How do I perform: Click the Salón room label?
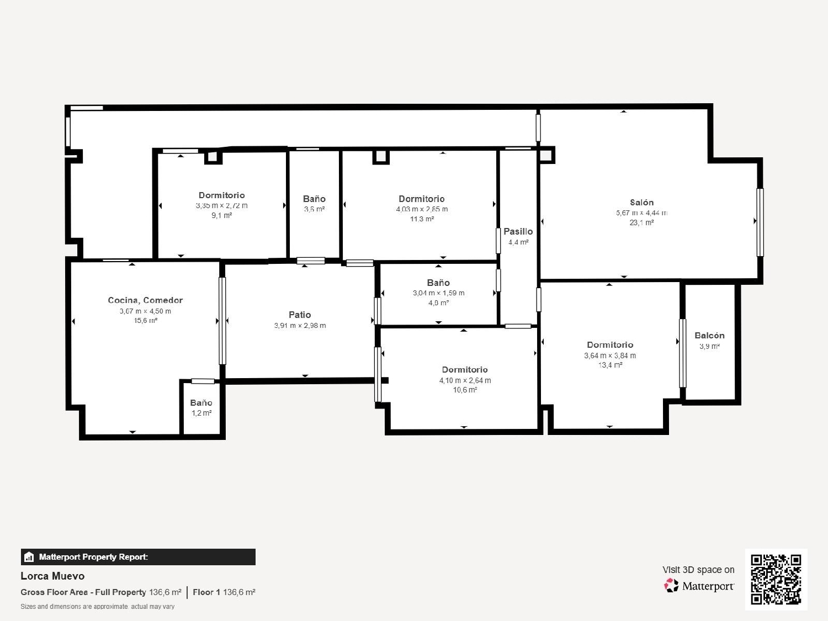click(641, 203)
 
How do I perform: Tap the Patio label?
click(300, 315)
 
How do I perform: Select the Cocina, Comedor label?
click(145, 300)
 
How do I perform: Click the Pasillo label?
click(518, 232)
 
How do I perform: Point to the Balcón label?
click(709, 336)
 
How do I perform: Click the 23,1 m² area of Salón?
click(641, 223)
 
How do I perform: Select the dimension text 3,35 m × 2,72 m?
click(221, 206)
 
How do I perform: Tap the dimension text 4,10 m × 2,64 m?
click(465, 380)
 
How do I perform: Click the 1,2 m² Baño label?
click(201, 413)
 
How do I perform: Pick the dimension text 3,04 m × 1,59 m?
click(438, 293)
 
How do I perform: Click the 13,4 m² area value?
click(610, 365)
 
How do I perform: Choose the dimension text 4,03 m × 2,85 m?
click(422, 209)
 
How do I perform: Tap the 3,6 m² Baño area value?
click(314, 209)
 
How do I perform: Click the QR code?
click(776, 579)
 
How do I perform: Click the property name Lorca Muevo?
click(52, 576)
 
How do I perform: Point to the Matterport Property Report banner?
click(138, 557)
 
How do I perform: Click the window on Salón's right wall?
click(760, 222)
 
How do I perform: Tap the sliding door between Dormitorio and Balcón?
click(682, 353)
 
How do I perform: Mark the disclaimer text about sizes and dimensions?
click(97, 607)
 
